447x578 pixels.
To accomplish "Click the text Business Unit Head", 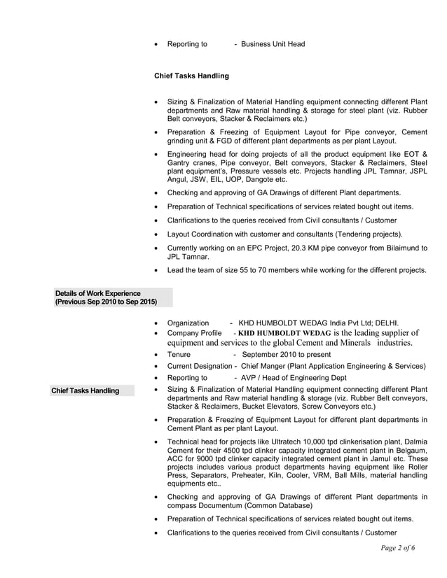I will (x=273, y=44).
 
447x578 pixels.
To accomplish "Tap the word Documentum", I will (x=233, y=505).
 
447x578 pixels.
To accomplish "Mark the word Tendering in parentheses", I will (x=349, y=234).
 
